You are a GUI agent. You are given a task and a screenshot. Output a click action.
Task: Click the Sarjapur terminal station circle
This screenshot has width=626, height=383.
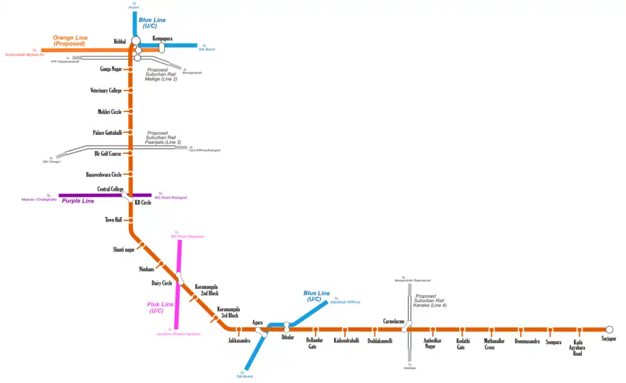[x=610, y=330]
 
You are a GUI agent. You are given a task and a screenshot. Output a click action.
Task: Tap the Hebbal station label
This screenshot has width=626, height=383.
[x=120, y=42]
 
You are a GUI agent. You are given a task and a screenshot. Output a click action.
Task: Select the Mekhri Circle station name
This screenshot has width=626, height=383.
[x=110, y=111]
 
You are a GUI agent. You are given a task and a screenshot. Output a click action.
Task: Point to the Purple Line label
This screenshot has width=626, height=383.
[x=78, y=201]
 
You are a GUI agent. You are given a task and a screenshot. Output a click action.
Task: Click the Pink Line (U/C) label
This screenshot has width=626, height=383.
[x=160, y=307]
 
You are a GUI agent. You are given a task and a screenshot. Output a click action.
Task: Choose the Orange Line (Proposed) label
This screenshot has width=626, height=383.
[x=70, y=40]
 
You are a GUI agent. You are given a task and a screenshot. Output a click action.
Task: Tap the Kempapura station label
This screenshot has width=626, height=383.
[x=163, y=38]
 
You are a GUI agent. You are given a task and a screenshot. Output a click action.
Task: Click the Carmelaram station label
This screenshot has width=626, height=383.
[x=395, y=322]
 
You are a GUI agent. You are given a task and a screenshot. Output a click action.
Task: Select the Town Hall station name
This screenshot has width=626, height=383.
[x=113, y=220]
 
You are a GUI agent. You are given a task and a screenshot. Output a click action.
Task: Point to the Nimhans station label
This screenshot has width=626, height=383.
[x=147, y=268]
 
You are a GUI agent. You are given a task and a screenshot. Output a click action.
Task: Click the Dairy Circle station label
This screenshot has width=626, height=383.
[x=162, y=283]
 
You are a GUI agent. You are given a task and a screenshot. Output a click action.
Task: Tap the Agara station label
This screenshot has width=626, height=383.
[x=258, y=322]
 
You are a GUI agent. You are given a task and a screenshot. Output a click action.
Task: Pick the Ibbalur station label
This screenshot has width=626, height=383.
[x=288, y=337]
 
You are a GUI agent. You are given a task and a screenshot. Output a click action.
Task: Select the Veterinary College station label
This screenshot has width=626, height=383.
[x=106, y=91]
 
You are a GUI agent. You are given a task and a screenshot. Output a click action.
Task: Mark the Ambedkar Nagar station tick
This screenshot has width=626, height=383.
[x=432, y=330]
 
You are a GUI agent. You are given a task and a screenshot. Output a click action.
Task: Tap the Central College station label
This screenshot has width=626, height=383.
[x=110, y=190]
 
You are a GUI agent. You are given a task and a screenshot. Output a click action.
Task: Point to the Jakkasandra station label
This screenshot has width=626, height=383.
[x=239, y=341]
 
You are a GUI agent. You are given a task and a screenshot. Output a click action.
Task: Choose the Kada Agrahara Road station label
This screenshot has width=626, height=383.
[x=578, y=347]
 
